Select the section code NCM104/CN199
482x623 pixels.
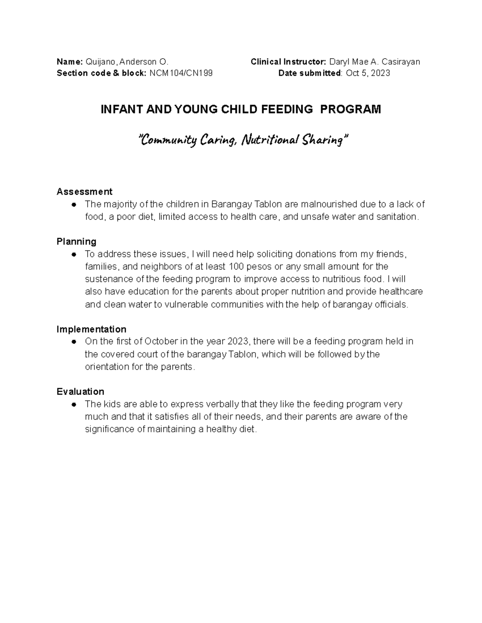pos(181,73)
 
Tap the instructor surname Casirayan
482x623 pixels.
pos(401,62)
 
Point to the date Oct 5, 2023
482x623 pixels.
pos(369,73)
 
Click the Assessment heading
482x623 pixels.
pos(84,191)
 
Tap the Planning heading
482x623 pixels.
pos(76,241)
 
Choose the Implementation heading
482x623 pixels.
pos(91,329)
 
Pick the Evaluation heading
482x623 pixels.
pos(80,392)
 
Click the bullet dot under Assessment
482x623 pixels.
pos(74,205)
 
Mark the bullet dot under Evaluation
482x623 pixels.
pos(74,404)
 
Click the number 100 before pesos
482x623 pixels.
pos(236,267)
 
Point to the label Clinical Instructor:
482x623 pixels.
pos(288,62)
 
